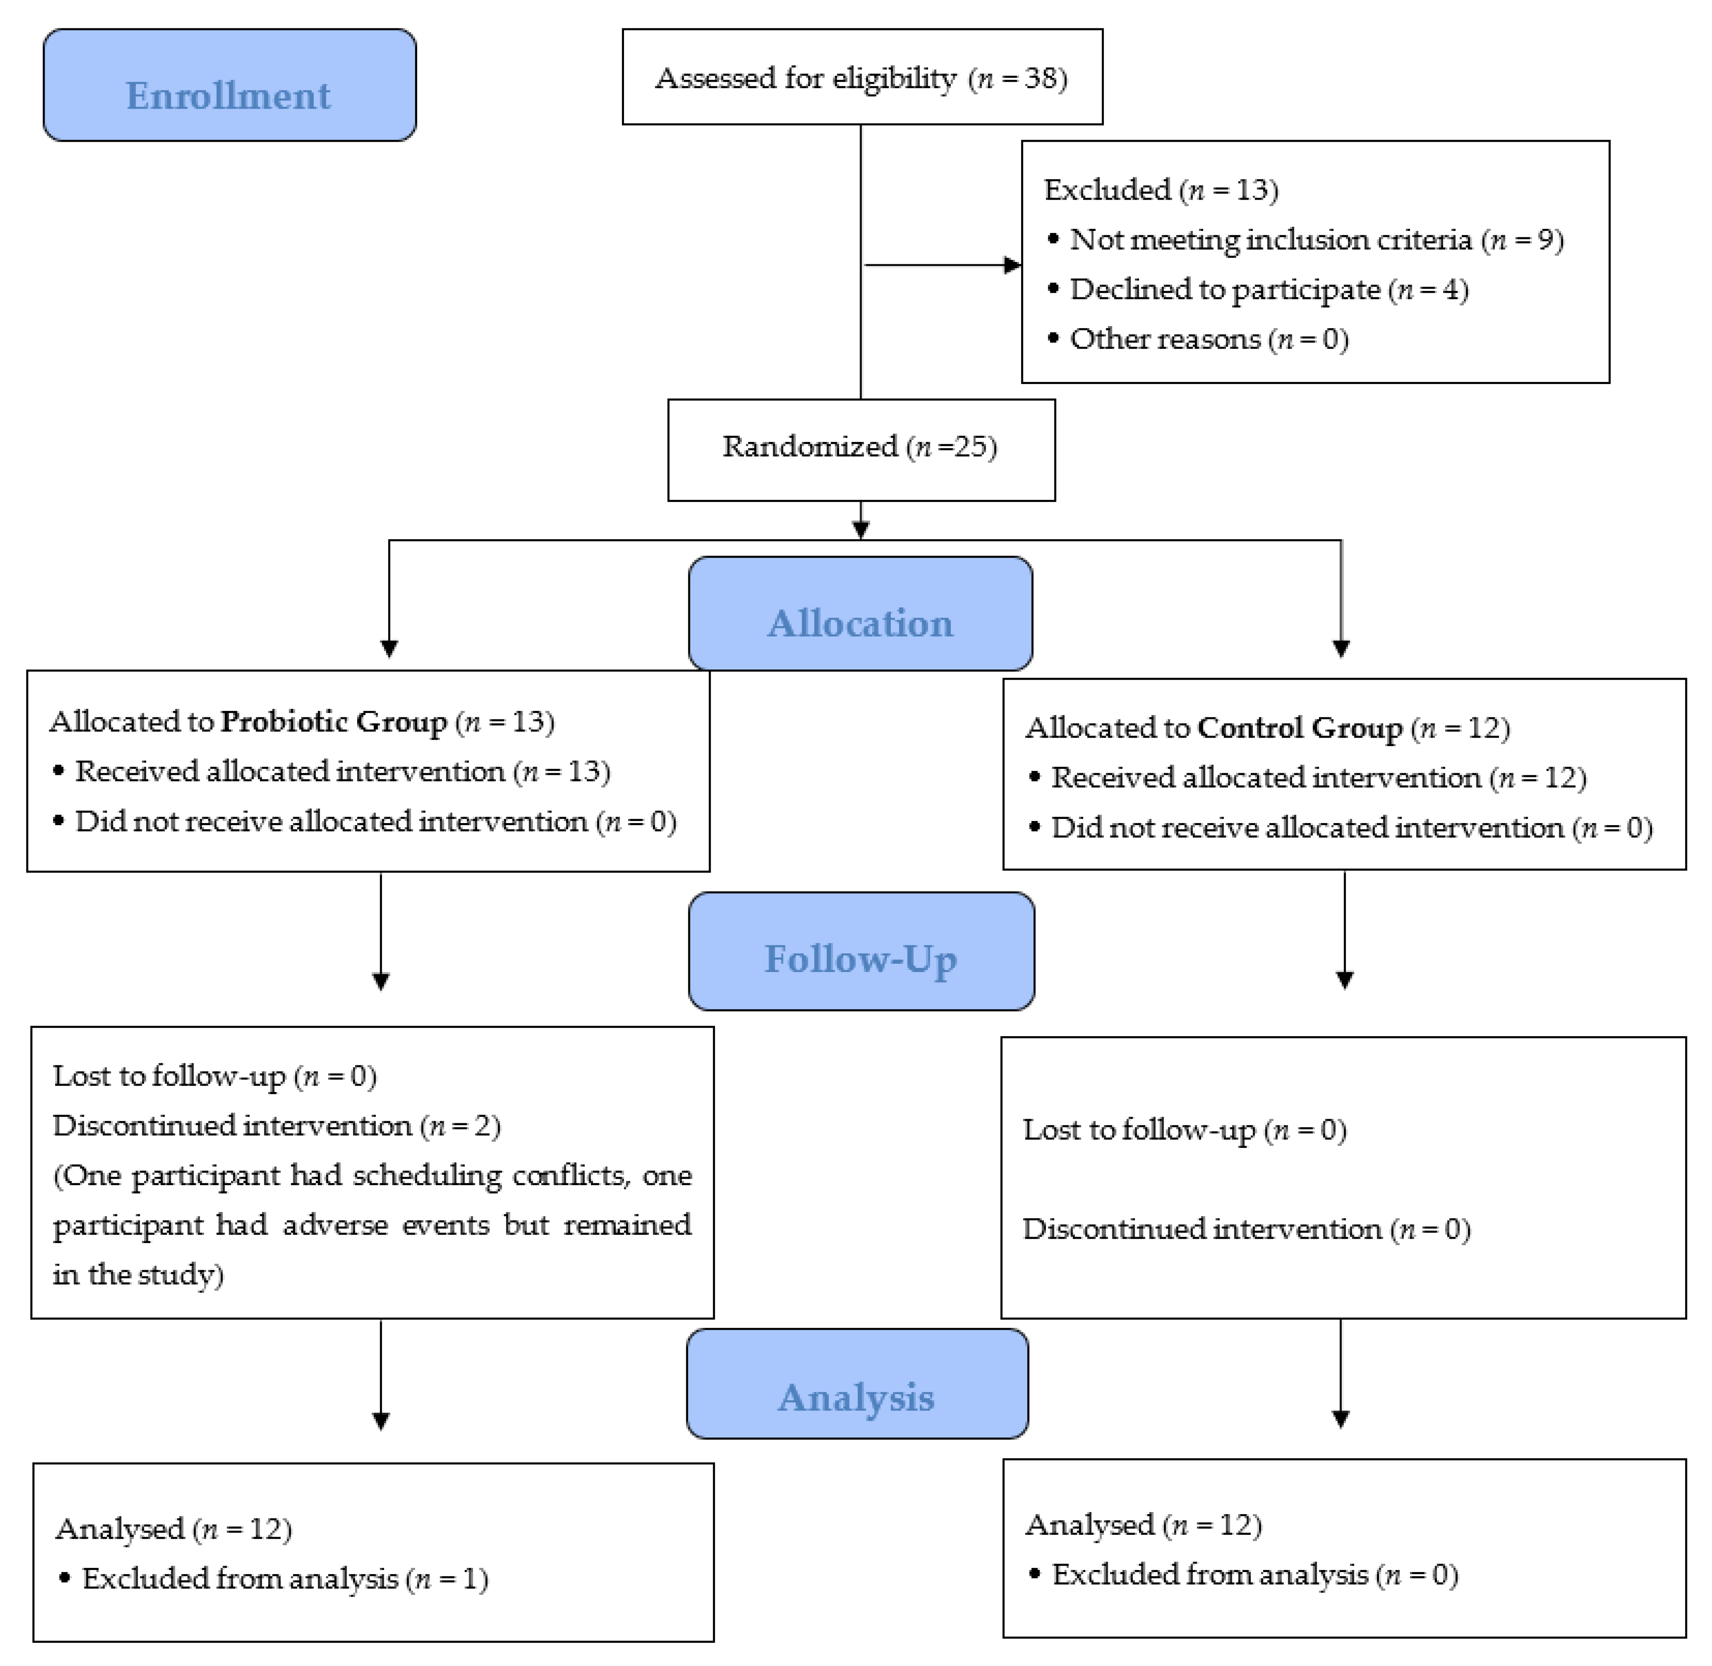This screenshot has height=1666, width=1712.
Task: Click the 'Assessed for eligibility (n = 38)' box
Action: pos(862,78)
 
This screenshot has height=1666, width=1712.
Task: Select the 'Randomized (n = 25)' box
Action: pos(860,447)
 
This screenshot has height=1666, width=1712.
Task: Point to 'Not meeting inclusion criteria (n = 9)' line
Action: pos(1316,240)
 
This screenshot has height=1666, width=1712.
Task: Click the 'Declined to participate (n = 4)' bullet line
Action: pos(1269,290)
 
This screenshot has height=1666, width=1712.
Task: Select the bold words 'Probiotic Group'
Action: pos(333,722)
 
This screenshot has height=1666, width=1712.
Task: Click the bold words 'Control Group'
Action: pos(1299,728)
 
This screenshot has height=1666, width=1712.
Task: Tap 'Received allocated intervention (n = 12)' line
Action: pos(1318,778)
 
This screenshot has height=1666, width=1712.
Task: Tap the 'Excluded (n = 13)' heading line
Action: pos(1161,190)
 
